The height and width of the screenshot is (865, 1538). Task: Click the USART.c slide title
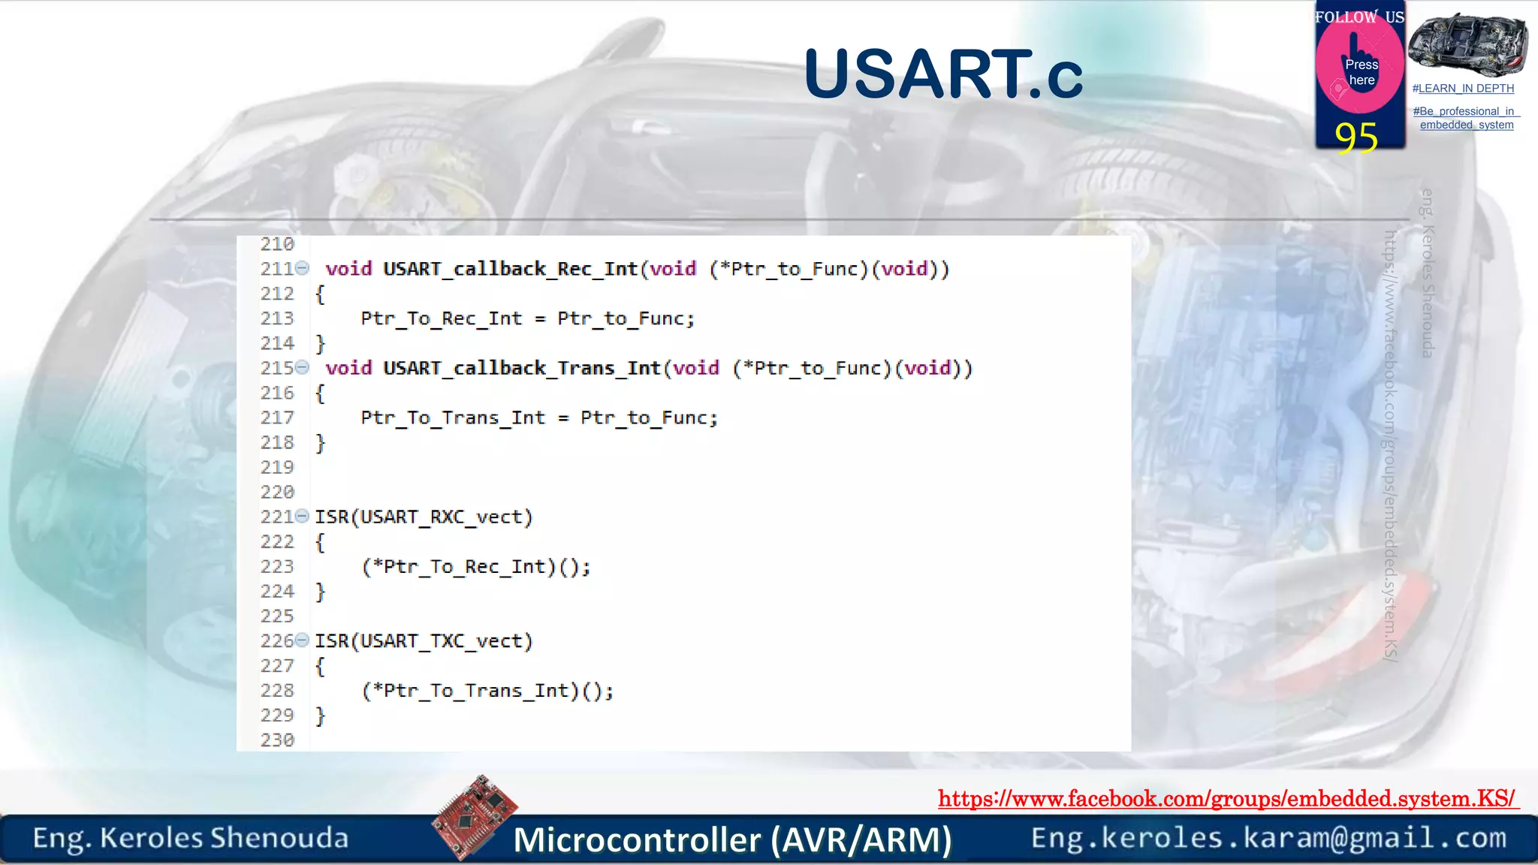(x=942, y=74)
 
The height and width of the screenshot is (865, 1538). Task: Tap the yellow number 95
(x=1356, y=137)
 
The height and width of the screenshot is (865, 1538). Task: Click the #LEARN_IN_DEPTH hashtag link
(x=1463, y=89)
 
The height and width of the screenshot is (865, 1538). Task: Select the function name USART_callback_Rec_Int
(x=510, y=269)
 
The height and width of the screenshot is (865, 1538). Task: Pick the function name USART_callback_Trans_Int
(x=521, y=368)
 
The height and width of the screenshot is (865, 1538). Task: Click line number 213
(x=277, y=318)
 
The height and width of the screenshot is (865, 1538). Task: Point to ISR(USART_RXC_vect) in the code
(x=424, y=517)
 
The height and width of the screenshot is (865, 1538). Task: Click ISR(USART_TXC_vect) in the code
(x=424, y=641)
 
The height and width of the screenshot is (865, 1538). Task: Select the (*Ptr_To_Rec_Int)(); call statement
(x=476, y=567)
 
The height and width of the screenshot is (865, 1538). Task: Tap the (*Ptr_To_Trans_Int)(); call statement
(x=487, y=691)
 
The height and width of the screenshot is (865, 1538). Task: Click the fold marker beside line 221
(x=302, y=516)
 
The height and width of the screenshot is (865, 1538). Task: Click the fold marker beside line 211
(x=302, y=267)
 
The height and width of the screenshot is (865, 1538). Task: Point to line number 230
(x=277, y=740)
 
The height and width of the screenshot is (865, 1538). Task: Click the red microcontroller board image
(x=475, y=816)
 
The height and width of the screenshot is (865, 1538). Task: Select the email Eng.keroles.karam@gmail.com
(x=1268, y=838)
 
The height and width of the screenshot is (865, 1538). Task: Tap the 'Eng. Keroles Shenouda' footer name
(x=191, y=838)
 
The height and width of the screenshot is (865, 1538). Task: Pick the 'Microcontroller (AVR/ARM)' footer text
(x=732, y=839)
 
